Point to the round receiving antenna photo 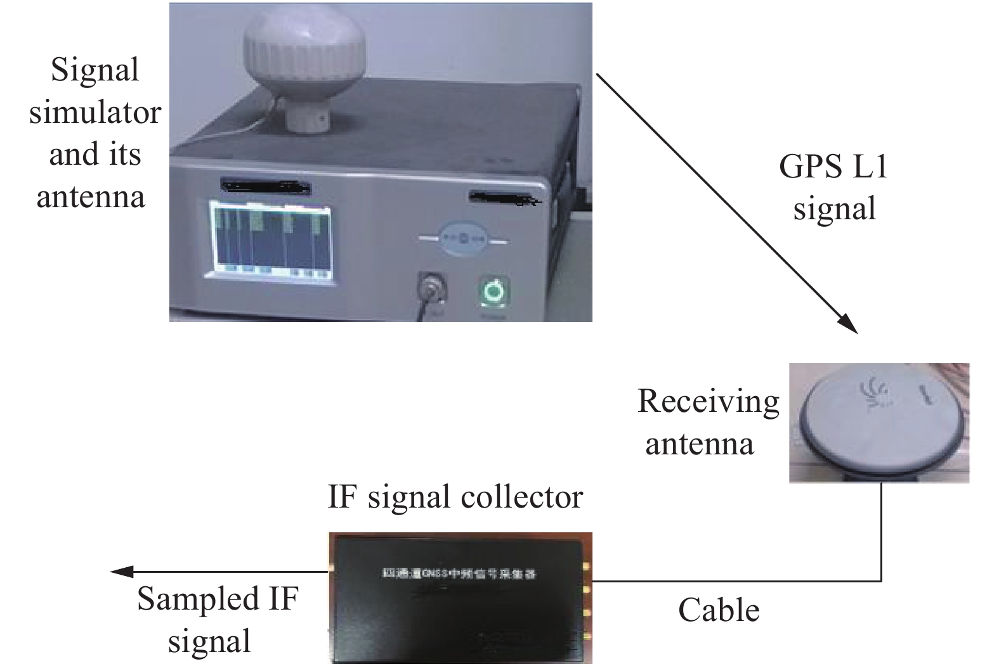tap(879, 423)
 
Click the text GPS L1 tap(833, 167)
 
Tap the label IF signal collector tap(455, 497)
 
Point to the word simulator tap(95, 113)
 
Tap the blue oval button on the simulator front tap(463, 240)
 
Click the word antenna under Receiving tap(700, 444)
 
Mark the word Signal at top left tap(95, 70)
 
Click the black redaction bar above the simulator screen tap(265, 186)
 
